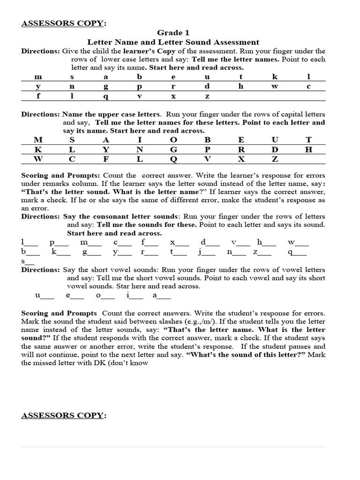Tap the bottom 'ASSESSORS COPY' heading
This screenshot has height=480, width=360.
[64, 415]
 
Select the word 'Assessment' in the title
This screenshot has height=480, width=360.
[236, 42]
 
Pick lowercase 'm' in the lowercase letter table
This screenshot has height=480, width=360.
[38, 76]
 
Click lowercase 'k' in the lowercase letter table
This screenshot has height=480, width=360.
[275, 76]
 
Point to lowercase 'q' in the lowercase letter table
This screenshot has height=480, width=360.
[106, 97]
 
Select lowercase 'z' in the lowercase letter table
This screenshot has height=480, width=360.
[207, 97]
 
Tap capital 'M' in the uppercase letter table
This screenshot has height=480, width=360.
[38, 140]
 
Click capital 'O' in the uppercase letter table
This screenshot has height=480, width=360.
[173, 140]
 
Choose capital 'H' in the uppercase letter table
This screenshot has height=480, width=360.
[308, 150]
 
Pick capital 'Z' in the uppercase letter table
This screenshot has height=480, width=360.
[275, 159]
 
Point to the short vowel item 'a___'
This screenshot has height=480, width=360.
[161, 296]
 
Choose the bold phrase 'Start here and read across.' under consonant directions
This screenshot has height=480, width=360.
[114, 233]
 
